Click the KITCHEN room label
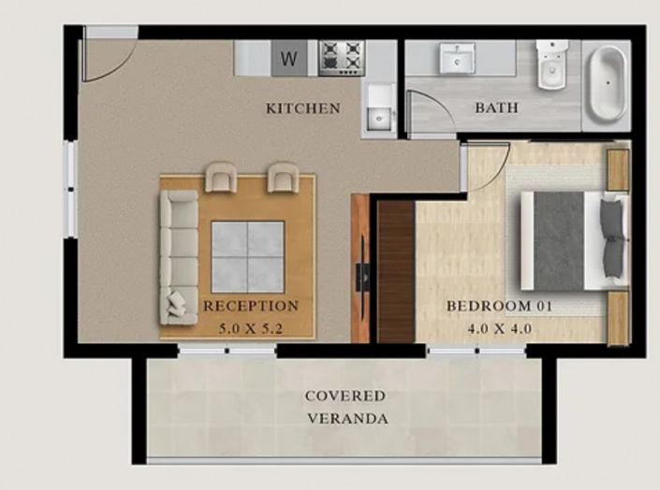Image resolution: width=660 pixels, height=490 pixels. [302, 108]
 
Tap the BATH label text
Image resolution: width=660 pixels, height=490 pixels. [496, 108]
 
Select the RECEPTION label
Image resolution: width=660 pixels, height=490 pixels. [251, 306]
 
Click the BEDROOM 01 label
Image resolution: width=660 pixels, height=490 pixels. [489, 306]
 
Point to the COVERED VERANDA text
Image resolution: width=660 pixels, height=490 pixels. [346, 407]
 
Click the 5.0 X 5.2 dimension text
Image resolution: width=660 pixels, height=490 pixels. [251, 328]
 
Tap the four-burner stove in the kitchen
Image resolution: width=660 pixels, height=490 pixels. [341, 58]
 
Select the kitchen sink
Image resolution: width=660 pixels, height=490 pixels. [379, 114]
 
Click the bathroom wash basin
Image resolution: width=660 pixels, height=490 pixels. [458, 60]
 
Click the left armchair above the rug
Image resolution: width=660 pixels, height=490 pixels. [223, 176]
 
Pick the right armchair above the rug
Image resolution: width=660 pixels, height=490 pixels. [284, 176]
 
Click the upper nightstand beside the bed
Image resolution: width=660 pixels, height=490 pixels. [618, 168]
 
